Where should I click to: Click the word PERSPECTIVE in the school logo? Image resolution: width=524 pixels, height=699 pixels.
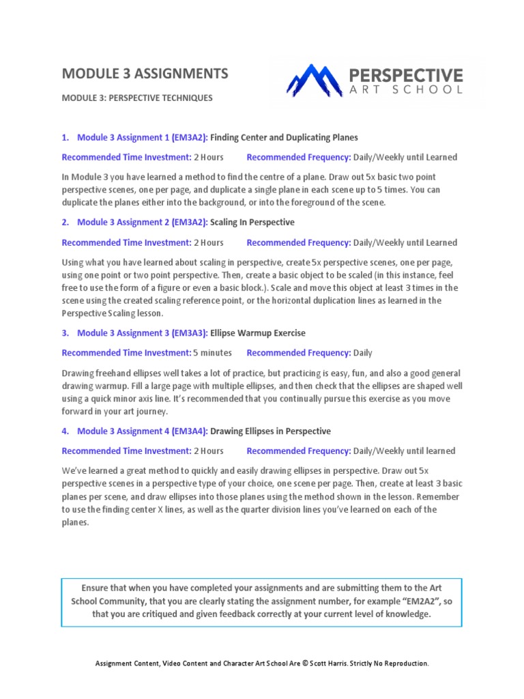coord(406,74)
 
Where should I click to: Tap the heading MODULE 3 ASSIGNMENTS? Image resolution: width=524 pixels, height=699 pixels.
coord(145,73)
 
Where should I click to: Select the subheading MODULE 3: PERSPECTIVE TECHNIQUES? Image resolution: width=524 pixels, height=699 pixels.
coord(137,98)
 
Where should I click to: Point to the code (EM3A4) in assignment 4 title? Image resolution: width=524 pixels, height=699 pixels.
coord(187,431)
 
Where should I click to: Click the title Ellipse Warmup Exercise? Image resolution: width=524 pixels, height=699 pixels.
coord(258,333)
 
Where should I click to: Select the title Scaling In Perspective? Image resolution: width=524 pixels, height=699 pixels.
coord(252,222)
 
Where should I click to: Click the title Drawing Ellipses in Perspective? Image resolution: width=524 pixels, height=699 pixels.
coord(270,431)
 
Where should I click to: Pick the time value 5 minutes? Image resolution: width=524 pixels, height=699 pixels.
coord(212,353)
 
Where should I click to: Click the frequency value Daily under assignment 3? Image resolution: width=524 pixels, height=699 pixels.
coord(363,353)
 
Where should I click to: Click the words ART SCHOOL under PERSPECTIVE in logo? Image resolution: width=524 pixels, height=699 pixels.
coord(406,89)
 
